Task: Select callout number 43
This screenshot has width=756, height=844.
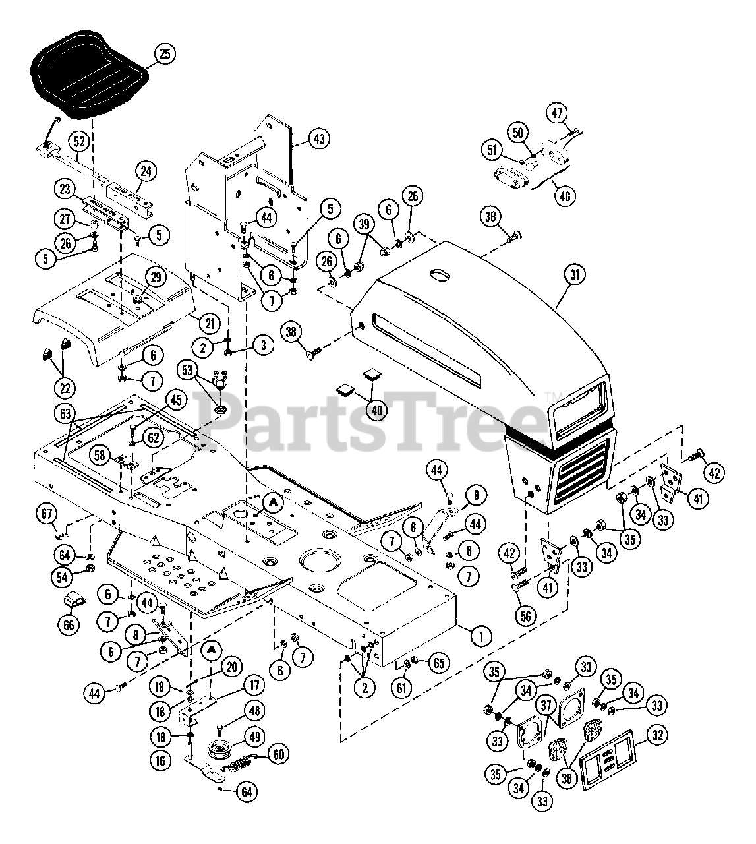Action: tap(319, 139)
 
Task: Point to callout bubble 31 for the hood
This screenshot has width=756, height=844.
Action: tap(575, 276)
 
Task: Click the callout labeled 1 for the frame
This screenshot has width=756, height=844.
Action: tap(481, 636)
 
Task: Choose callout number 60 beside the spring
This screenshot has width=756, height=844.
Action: tap(279, 754)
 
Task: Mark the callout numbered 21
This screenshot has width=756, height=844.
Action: tap(210, 324)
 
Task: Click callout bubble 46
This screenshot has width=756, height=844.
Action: tap(566, 195)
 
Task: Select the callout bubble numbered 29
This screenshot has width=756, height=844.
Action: tap(156, 278)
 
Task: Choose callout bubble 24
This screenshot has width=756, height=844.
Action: tap(146, 172)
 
